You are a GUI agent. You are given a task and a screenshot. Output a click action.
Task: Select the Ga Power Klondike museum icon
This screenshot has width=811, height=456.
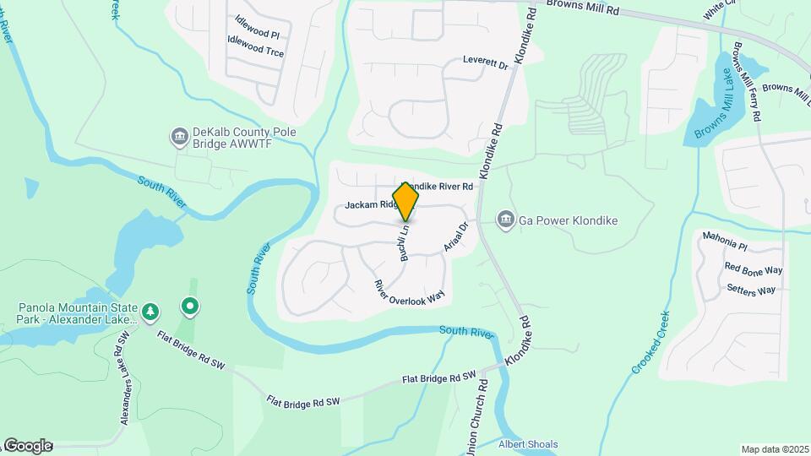click(506, 220)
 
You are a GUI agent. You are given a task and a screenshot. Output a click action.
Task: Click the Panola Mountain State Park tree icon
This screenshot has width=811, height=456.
click(150, 312)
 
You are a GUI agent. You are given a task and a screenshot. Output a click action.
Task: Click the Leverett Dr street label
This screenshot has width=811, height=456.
click(485, 62)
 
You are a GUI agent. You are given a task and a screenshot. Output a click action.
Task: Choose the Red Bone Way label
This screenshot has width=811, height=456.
click(754, 269)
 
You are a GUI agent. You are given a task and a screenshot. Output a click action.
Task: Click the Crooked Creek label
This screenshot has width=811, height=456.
click(650, 342)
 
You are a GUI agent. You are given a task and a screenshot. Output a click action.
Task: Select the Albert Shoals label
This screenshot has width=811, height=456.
click(528, 444)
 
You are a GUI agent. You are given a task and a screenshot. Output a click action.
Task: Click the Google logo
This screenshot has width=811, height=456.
click(27, 446)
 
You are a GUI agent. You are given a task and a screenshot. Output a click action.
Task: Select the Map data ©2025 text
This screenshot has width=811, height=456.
click(775, 449)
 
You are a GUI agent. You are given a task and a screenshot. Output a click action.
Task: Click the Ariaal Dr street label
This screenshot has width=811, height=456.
click(455, 237)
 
